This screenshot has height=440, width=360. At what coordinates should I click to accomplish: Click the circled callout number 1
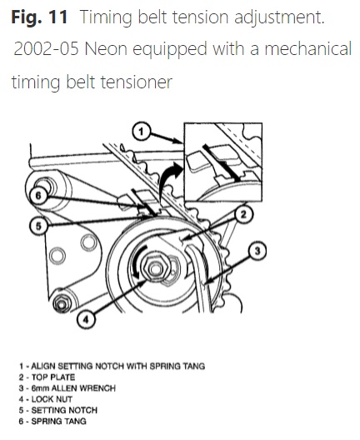[x=142, y=132]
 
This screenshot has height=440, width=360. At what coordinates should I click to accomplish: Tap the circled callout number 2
[x=243, y=215]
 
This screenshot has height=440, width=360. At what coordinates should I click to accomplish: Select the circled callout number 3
[x=257, y=251]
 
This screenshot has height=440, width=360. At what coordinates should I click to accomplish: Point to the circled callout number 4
[x=86, y=319]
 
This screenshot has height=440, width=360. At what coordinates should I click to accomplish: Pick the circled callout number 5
[x=38, y=226]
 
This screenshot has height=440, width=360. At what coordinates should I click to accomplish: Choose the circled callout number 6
[x=38, y=195]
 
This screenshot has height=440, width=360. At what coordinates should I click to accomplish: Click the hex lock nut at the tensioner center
[x=155, y=268]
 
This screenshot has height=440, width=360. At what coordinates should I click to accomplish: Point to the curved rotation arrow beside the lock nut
[x=136, y=262]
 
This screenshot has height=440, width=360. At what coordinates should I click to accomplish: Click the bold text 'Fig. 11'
[x=39, y=17]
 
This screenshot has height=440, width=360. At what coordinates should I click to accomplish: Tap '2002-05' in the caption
[x=47, y=48]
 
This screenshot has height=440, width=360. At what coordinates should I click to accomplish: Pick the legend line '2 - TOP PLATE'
[x=47, y=377]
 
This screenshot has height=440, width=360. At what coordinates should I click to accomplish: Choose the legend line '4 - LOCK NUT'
[x=46, y=399]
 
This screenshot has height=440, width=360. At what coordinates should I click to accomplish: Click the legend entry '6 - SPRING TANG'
[x=52, y=421]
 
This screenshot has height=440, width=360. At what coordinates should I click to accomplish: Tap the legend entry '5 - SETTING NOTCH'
[x=58, y=410]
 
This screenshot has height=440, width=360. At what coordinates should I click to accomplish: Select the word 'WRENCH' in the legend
[x=97, y=388]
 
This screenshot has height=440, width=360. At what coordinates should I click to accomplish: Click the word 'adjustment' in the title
[x=279, y=17]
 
